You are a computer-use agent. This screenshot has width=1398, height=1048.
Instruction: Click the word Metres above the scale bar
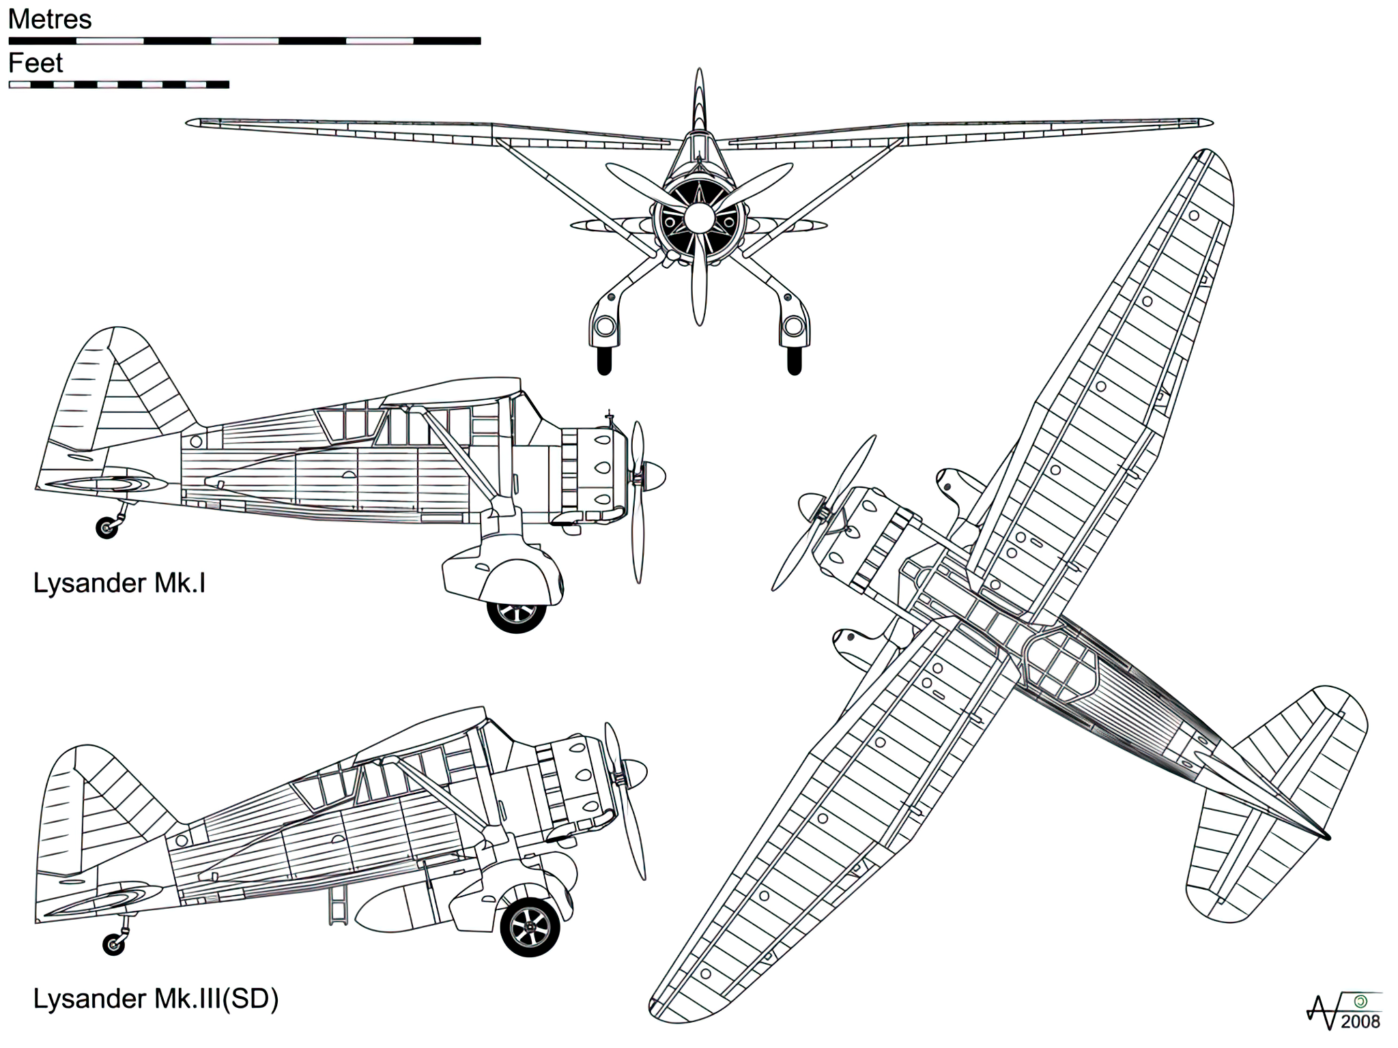(50, 20)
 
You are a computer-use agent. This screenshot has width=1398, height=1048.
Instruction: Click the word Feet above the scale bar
(35, 63)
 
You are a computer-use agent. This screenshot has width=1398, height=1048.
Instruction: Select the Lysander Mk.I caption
(119, 584)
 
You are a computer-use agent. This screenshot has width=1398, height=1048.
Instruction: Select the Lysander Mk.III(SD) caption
(156, 999)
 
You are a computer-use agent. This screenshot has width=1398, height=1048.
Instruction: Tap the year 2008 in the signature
(1360, 1021)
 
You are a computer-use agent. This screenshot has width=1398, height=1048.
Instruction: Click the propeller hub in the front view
(698, 218)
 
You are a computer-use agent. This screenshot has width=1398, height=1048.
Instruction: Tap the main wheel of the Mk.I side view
(517, 613)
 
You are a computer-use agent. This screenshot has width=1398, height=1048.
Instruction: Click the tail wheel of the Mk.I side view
(106, 527)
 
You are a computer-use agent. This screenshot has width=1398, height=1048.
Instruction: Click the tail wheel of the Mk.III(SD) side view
(113, 944)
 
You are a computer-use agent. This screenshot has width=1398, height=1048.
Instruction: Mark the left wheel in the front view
(604, 361)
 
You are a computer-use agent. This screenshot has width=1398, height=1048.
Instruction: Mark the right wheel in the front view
(794, 361)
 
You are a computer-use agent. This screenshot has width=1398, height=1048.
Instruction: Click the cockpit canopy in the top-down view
(1061, 663)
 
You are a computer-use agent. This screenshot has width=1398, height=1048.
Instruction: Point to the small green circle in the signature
(1360, 1002)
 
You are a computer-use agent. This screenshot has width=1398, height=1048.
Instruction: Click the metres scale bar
(244, 41)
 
